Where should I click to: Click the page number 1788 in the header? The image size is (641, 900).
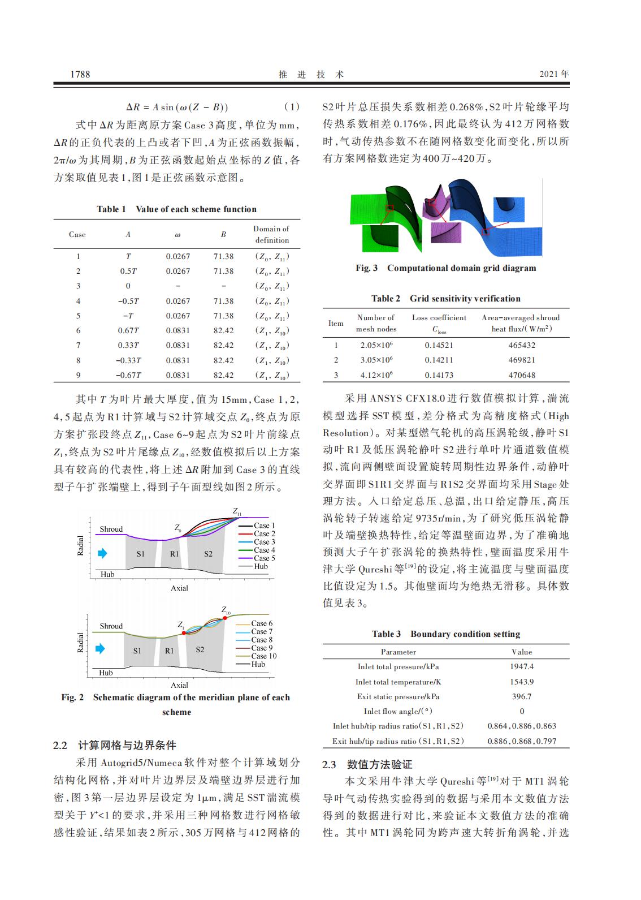click(x=80, y=74)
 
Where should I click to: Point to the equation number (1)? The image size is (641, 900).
click(x=291, y=107)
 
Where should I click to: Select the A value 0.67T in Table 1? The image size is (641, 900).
click(x=128, y=330)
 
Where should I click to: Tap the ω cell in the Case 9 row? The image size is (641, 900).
click(x=178, y=375)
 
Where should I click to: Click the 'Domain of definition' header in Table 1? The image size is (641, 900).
click(x=271, y=234)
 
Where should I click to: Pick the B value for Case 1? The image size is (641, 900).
click(x=223, y=256)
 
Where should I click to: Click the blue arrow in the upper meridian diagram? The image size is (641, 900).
click(x=102, y=553)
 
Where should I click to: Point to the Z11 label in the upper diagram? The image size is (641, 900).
click(x=237, y=511)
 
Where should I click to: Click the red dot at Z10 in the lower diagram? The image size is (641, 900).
click(x=224, y=618)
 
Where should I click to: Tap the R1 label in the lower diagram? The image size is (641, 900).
click(x=170, y=651)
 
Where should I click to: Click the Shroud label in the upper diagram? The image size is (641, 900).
click(x=111, y=529)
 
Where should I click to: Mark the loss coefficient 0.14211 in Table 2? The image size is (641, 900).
click(x=439, y=360)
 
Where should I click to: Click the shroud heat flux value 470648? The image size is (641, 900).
click(x=522, y=375)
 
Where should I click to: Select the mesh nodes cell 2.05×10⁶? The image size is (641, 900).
click(x=376, y=345)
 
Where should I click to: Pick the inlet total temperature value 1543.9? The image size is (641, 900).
click(x=521, y=682)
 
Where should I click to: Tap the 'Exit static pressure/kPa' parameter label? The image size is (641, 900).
click(x=398, y=696)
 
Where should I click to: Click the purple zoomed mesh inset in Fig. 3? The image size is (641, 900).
click(x=444, y=232)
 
